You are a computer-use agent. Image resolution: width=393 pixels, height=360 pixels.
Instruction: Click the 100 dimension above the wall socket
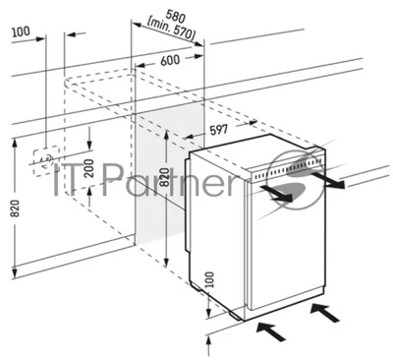(x=21, y=31)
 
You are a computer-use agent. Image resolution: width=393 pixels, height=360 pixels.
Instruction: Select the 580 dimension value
(x=176, y=16)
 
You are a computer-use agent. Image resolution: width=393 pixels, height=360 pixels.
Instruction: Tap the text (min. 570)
(x=171, y=30)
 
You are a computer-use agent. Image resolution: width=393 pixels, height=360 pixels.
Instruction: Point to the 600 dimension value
(x=170, y=60)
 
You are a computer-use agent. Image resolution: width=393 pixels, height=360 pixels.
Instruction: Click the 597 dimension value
(x=218, y=130)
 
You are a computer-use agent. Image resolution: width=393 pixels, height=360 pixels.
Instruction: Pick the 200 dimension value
(x=88, y=168)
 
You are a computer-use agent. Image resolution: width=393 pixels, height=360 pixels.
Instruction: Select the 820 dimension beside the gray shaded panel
(x=166, y=177)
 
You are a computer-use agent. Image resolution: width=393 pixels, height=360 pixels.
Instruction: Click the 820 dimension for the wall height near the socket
(x=15, y=209)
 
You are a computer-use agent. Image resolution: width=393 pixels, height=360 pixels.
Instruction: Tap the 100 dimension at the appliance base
(x=209, y=280)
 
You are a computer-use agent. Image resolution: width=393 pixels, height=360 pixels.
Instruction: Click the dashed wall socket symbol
(x=46, y=161)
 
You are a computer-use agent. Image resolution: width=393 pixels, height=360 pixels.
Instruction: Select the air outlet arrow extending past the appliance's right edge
(x=328, y=181)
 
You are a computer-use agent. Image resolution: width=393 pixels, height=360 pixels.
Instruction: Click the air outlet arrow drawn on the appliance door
(x=276, y=193)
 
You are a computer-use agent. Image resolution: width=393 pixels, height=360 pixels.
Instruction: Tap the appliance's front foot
(x=237, y=315)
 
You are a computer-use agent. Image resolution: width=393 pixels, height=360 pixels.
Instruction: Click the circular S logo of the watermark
(x=296, y=179)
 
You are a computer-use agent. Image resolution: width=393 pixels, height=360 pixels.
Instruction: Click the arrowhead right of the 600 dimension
(x=198, y=56)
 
